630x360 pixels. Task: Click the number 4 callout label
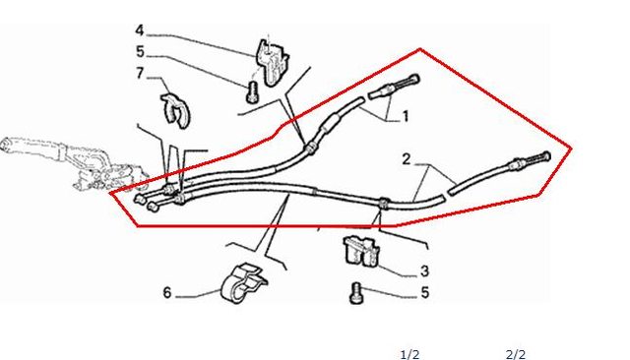click(140, 30)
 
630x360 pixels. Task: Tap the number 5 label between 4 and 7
click(140, 52)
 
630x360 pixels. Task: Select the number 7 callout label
click(140, 74)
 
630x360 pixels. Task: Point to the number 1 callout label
click(406, 116)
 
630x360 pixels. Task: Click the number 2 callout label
click(407, 159)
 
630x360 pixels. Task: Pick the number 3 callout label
click(424, 271)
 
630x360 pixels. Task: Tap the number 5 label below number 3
click(425, 292)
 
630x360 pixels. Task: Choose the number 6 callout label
click(167, 292)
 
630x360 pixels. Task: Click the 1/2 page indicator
click(409, 354)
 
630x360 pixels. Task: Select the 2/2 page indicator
click(516, 354)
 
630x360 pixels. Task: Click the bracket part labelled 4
click(272, 62)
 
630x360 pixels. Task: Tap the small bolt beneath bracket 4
click(252, 91)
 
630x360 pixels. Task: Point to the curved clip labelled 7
click(174, 110)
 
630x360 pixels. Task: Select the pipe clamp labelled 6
click(243, 283)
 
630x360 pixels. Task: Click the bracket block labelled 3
click(360, 252)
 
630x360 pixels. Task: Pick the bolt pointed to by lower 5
click(355, 293)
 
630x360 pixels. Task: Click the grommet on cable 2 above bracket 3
click(383, 204)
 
